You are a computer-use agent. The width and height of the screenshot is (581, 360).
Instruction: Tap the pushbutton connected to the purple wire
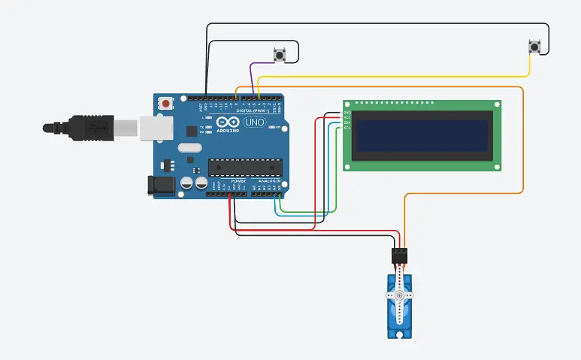click(x=281, y=54)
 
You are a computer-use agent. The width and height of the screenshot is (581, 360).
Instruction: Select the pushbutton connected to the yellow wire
click(x=534, y=47)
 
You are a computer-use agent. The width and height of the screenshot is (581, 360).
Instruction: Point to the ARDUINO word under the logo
click(x=228, y=131)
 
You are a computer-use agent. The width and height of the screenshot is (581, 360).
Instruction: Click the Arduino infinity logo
click(x=228, y=123)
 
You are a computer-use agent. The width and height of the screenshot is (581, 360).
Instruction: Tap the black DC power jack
click(x=160, y=185)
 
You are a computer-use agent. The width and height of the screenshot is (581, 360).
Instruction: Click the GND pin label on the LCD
click(x=346, y=113)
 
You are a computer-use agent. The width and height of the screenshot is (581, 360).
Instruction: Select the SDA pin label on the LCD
click(x=346, y=123)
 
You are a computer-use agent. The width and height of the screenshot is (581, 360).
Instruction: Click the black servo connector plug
click(x=399, y=256)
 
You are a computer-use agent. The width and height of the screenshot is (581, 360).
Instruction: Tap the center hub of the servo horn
click(x=399, y=295)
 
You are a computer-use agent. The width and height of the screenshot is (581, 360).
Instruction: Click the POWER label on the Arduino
click(x=238, y=181)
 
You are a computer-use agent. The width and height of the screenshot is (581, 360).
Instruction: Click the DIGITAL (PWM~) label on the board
click(x=252, y=110)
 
